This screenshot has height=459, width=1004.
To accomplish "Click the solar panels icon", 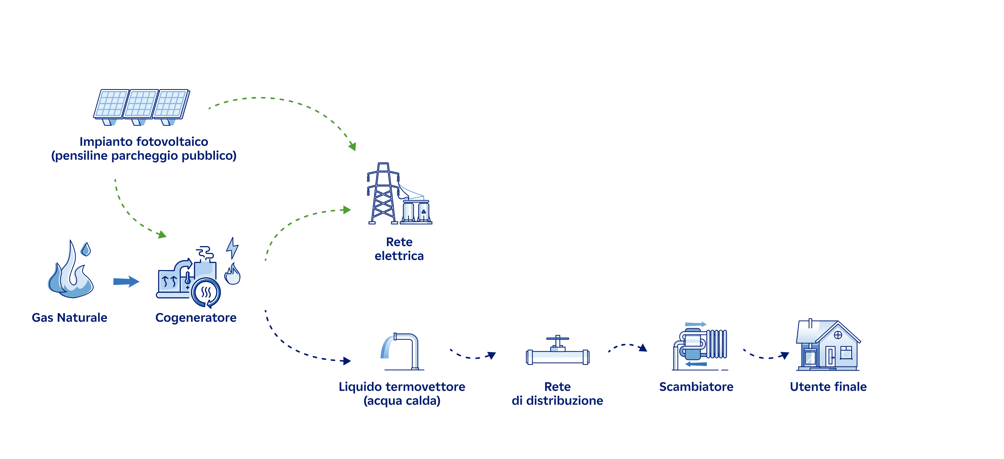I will [142, 106].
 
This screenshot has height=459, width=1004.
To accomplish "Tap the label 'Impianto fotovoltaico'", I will [144, 142].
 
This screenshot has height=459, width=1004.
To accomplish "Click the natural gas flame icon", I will [70, 271].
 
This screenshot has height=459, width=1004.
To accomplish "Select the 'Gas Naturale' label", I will [69, 317].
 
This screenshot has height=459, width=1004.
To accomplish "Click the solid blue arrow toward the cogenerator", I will [126, 281].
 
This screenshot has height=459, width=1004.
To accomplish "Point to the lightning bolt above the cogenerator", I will [232, 248].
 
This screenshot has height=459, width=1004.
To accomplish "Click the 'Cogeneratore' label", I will [196, 317].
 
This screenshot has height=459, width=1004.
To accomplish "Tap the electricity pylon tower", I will [383, 194].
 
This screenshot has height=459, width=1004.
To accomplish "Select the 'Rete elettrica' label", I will [399, 248].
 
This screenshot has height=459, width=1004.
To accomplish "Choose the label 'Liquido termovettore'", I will [402, 386].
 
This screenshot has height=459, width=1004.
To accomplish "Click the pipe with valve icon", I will [557, 351].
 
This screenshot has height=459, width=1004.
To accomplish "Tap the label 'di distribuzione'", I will [557, 400].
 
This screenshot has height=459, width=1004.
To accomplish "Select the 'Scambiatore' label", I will [696, 386].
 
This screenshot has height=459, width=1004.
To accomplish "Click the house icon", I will [828, 345].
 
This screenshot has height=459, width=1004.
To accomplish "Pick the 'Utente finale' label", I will [828, 386].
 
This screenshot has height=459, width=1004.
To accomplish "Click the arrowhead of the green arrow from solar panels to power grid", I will [353, 147].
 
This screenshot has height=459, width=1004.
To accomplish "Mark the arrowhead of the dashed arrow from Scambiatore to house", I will [785, 355].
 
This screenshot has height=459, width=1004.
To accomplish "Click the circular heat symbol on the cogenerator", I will [206, 292].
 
